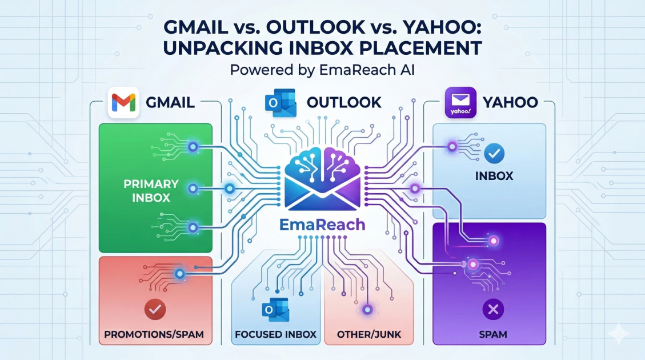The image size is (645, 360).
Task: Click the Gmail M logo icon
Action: click(x=123, y=103)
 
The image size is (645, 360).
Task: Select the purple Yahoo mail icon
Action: click(x=460, y=103)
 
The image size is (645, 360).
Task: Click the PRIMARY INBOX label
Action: click(x=151, y=191)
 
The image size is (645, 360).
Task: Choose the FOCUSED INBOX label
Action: click(x=276, y=333)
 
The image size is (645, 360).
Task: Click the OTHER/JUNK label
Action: click(x=370, y=333)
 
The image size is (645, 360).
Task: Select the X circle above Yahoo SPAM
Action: click(x=492, y=310)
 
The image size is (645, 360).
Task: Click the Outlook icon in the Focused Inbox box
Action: click(x=275, y=310)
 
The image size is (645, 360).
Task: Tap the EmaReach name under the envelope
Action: click(x=323, y=224)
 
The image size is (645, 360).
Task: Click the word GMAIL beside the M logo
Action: click(x=170, y=103)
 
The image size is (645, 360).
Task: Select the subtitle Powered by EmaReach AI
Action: click(x=322, y=71)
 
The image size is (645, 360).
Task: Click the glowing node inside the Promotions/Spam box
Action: click(x=181, y=274)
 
